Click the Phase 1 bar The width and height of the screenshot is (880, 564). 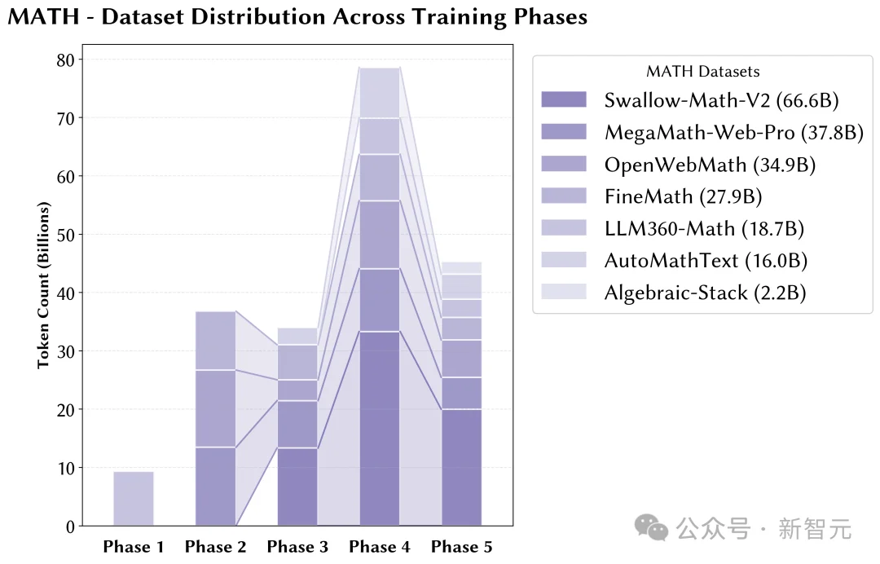pos(134,499)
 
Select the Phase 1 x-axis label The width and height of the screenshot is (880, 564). pos(134,547)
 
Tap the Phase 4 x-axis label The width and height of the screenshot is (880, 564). pos(380,547)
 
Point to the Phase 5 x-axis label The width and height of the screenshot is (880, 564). pos(462,547)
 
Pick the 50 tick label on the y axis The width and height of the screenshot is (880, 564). pos(65,235)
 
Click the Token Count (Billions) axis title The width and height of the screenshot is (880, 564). pos(44,285)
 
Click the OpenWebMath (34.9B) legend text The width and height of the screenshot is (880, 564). pos(710,165)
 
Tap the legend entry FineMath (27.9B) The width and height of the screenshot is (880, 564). pos(683,196)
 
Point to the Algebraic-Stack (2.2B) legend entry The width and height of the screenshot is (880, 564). pos(705,293)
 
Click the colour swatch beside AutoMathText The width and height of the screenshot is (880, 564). pos(563,260)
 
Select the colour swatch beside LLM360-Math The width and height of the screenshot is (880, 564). pos(563,228)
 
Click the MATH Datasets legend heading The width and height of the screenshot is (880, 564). pos(702,72)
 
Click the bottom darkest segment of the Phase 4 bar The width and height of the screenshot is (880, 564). pos(380,428)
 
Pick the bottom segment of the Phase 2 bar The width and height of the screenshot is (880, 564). pos(215,487)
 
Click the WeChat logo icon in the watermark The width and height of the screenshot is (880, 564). pos(652,528)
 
